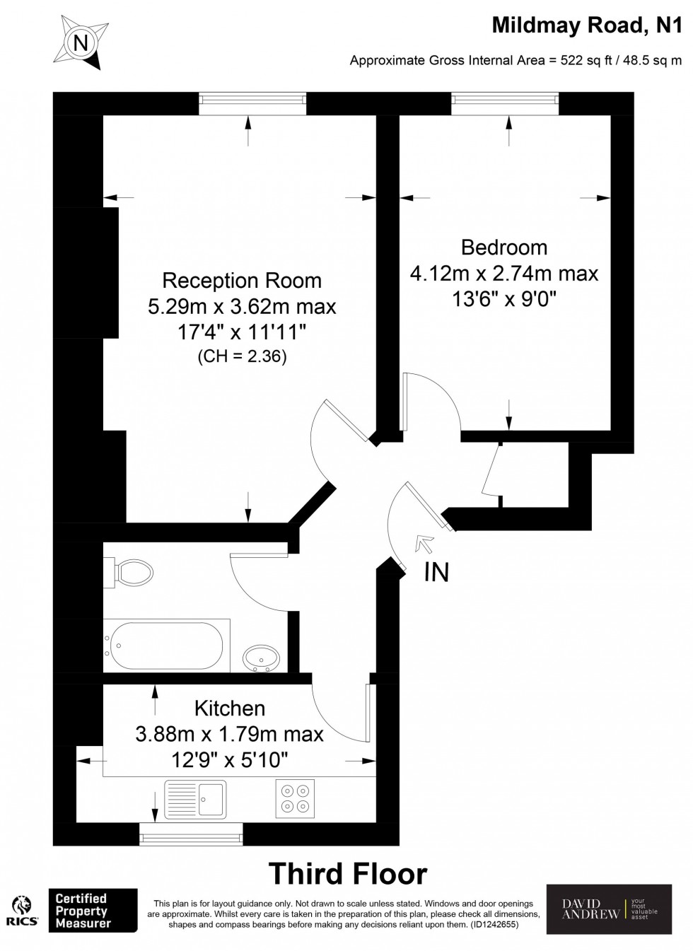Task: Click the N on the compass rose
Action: click(80, 42)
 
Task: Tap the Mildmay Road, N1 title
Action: click(587, 25)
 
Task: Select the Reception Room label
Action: click(242, 281)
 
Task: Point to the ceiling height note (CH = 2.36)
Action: click(243, 356)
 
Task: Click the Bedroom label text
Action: click(504, 247)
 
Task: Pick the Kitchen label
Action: click(230, 708)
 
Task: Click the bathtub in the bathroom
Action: click(166, 646)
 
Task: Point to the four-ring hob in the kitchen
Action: click(295, 798)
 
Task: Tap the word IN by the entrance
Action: click(436, 572)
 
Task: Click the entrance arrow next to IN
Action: click(424, 544)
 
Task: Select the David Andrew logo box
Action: click(609, 910)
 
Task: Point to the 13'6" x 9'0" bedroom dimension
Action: click(504, 300)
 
